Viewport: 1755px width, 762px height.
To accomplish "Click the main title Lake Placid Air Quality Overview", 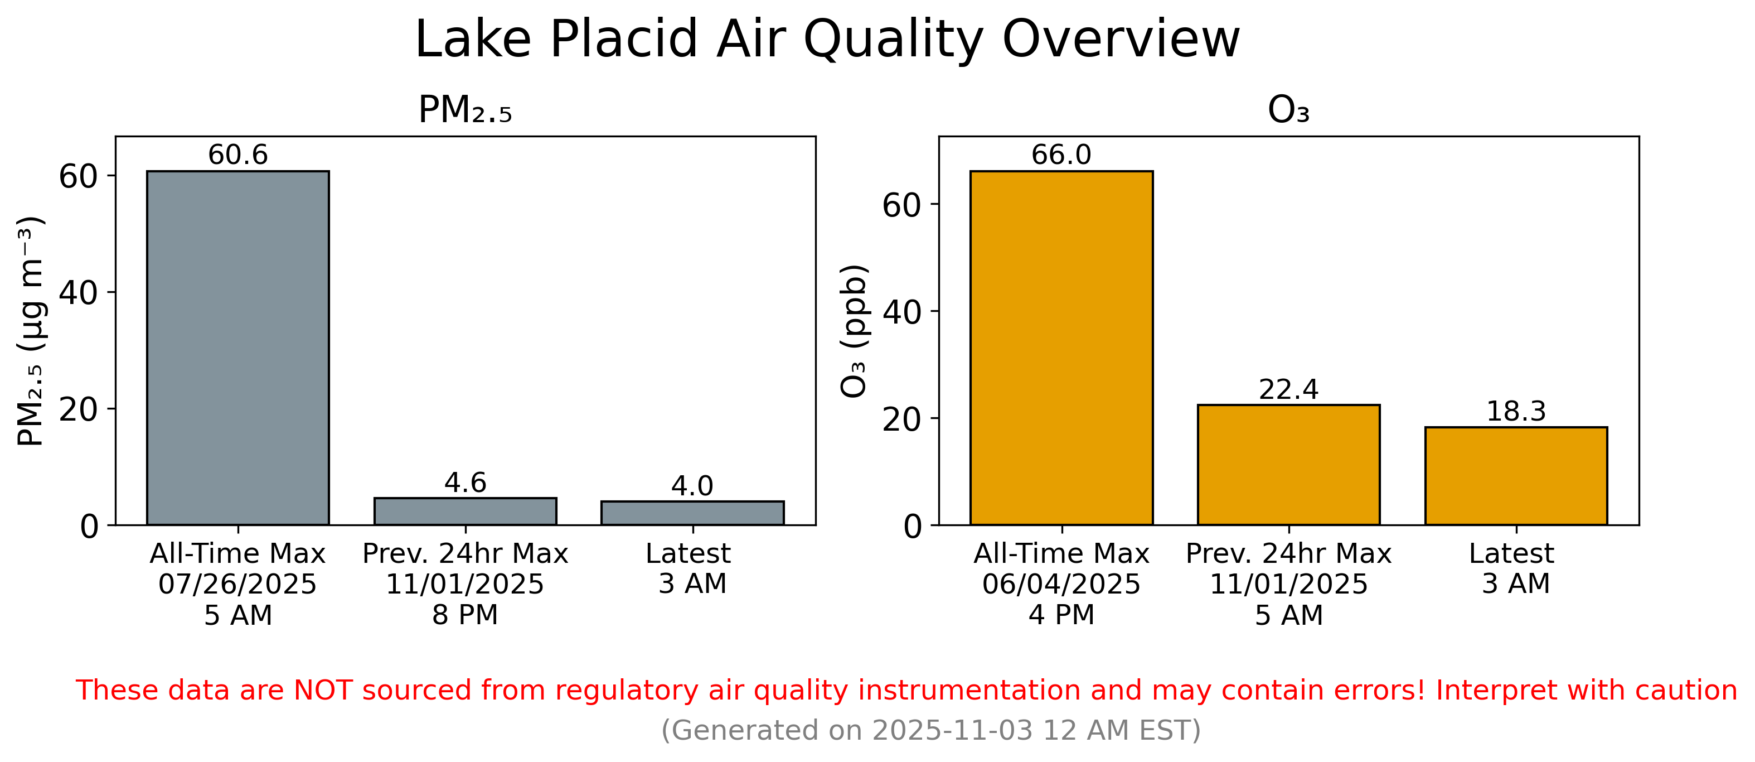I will (827, 40).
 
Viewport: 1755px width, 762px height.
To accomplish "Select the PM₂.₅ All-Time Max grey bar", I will (237, 348).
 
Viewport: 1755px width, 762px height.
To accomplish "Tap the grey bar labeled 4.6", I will (466, 511).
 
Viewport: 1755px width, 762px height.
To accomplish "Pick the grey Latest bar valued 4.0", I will (692, 513).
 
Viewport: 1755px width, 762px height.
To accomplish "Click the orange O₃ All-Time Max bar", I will (1061, 348).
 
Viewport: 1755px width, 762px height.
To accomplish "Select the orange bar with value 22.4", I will (1288, 465).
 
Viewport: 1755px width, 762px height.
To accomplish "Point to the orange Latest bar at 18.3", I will (1516, 476).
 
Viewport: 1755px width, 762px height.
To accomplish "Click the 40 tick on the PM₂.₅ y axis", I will (77, 292).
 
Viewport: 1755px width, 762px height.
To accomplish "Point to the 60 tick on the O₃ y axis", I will (901, 205).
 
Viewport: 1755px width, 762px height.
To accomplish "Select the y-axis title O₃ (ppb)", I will (854, 331).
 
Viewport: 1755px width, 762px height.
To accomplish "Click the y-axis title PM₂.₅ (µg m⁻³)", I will (30, 331).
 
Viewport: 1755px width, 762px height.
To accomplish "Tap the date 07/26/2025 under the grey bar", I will (237, 584).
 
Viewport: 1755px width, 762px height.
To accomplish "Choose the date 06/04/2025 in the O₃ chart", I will (1061, 584).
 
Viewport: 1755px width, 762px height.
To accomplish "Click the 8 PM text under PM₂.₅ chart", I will (466, 615).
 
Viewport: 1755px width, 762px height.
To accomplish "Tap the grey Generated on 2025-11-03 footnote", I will (930, 730).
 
